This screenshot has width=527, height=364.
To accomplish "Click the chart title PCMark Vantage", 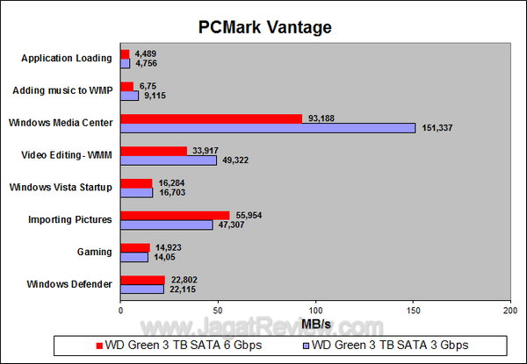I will tap(264, 27).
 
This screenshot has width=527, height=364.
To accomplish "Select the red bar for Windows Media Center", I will tap(211, 118).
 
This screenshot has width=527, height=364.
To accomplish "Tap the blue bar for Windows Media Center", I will tap(268, 128).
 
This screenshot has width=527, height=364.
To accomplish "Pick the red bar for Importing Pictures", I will tap(175, 215).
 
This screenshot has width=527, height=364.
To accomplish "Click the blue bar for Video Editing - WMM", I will tap(169, 161).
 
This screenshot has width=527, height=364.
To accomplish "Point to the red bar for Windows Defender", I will tap(142, 280).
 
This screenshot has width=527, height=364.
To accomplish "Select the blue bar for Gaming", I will tap(134, 257).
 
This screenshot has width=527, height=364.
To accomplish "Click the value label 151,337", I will tap(437, 128).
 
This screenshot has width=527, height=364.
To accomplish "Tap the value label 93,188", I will tap(322, 118).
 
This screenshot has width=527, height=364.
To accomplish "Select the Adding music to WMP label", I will tap(63, 90).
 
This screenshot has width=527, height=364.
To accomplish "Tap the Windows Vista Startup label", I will tap(61, 187).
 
